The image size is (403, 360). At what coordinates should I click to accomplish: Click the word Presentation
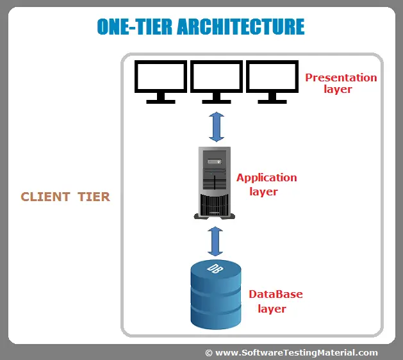click(x=341, y=78)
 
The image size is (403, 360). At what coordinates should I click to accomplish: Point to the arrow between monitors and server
click(x=217, y=126)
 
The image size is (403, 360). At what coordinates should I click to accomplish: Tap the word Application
click(x=267, y=177)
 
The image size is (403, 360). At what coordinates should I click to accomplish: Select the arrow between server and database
click(x=216, y=241)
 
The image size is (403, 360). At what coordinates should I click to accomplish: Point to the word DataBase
click(x=276, y=295)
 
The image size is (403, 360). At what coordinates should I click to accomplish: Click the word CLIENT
click(x=44, y=197)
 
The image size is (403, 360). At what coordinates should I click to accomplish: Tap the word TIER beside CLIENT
click(x=94, y=197)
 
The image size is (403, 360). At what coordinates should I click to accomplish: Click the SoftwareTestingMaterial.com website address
click(x=297, y=352)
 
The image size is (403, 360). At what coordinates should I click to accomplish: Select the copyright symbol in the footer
click(x=209, y=352)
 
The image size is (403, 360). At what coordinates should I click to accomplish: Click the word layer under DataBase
click(x=272, y=309)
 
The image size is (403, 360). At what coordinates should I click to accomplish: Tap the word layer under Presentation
click(x=338, y=90)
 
